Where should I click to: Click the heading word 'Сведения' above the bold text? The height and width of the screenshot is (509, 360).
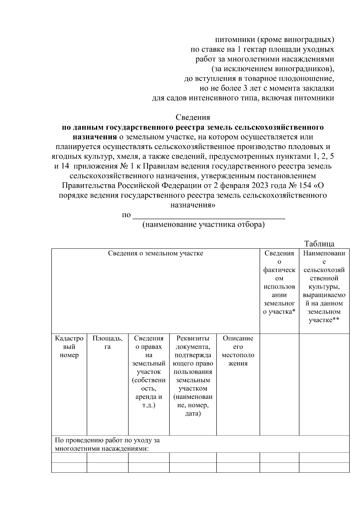(x=193, y=117)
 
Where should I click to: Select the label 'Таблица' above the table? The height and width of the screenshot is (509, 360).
(x=319, y=244)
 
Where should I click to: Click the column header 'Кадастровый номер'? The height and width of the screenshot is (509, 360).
(x=69, y=347)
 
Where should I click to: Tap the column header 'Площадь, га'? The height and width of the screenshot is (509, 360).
(x=107, y=343)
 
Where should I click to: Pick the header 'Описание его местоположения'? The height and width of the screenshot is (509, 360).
(x=238, y=351)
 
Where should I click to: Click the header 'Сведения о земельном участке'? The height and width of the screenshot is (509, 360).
(x=155, y=253)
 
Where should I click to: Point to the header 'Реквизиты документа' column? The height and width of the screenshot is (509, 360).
(x=193, y=376)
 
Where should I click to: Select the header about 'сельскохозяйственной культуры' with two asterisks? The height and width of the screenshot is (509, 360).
(x=324, y=286)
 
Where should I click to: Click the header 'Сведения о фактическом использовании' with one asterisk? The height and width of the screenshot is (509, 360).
(x=279, y=282)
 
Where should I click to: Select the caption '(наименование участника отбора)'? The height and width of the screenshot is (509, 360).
(x=203, y=225)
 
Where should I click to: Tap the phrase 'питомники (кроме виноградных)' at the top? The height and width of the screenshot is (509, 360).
(x=274, y=40)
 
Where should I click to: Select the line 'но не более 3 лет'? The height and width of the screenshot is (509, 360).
(x=267, y=88)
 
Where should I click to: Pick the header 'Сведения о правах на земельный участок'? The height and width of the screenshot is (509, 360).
(x=148, y=372)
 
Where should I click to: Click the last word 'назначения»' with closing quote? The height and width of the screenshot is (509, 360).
(x=193, y=205)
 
